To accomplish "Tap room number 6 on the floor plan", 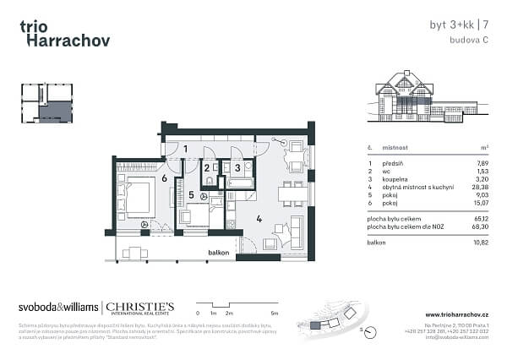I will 163,178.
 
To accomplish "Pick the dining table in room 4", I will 293,194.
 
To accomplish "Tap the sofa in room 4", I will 298,231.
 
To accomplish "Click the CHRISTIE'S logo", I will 139,308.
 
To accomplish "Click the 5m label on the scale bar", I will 275,313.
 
